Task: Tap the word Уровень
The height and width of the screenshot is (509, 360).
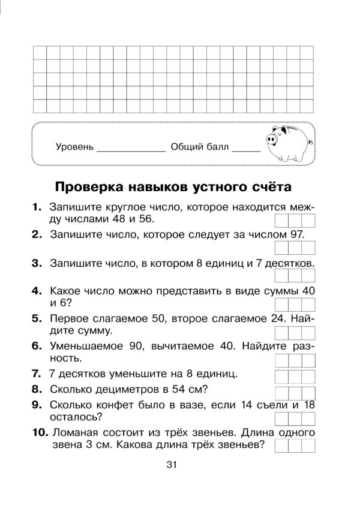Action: click(x=74, y=147)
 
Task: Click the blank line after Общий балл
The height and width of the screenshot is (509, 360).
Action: click(x=246, y=149)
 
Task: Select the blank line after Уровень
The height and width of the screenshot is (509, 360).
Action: click(x=131, y=149)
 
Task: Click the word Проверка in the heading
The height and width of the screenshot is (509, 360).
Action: click(x=88, y=186)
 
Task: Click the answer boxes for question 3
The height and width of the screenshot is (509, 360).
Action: click(x=295, y=275)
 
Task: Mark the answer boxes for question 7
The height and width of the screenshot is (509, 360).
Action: click(x=295, y=376)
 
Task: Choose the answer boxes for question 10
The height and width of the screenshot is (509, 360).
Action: click(x=295, y=445)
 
